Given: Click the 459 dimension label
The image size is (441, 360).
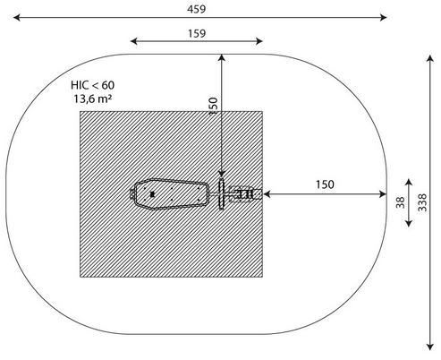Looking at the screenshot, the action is point(197,9).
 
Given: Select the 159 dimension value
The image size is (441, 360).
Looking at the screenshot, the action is point(197,33).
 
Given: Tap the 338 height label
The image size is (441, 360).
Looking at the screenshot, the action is point(422,202).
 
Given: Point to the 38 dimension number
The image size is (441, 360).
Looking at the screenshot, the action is point(401,202).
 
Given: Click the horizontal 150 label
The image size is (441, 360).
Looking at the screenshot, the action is point(325,184).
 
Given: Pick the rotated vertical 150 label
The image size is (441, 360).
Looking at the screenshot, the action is point(213,106).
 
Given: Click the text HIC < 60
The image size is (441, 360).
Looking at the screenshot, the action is point(92,85).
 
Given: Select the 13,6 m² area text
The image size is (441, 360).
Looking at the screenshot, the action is point(93,99).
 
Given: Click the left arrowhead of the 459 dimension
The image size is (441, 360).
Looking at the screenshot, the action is point(17,18).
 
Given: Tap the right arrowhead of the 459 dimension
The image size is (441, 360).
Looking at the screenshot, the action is point(384,18).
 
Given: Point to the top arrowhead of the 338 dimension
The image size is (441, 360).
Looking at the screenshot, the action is point(429,58).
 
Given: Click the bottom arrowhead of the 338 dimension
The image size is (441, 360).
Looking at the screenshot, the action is point(429,347).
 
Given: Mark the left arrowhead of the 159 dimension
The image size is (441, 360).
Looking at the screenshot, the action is point(134,41).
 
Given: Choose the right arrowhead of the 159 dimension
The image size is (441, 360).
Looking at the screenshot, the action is point(259,41).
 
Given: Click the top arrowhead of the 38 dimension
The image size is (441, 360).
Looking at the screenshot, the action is point(409,183).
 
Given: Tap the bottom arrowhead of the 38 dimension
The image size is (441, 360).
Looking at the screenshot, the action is point(409,223).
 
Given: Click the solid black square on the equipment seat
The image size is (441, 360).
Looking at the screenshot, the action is point(152,194).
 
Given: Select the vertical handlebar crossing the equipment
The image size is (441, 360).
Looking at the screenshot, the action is point(221,194).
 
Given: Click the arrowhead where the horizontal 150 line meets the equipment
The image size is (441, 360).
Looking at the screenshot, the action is point(267,194).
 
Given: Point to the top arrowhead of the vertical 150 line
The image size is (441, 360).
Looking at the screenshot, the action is point(222,57).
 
